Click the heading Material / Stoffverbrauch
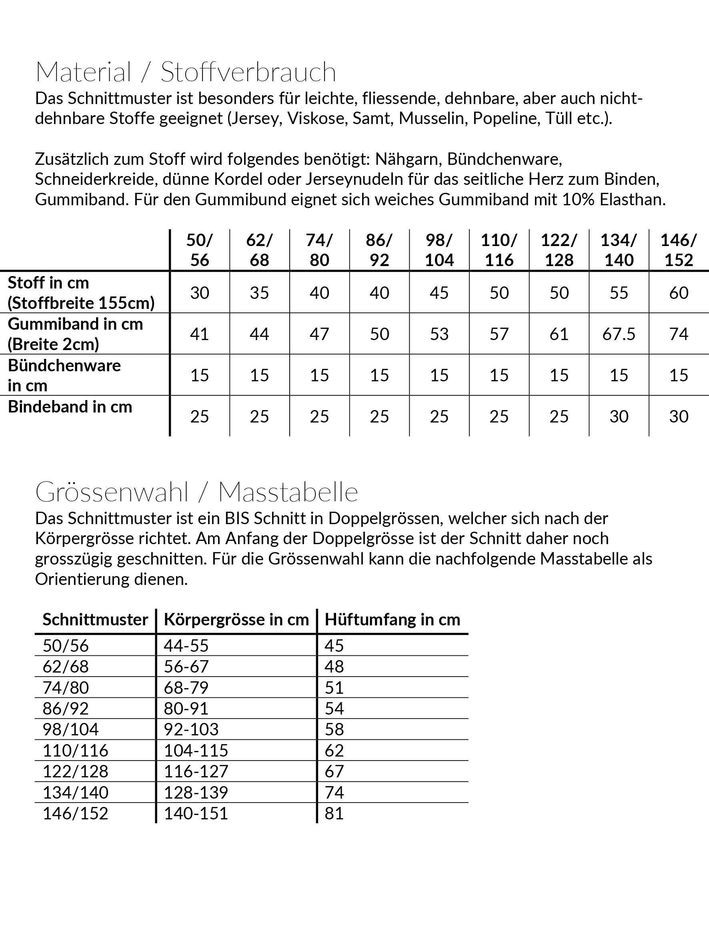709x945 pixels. [x=186, y=72]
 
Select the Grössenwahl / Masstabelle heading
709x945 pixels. [x=196, y=492]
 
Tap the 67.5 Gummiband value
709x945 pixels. [x=619, y=334]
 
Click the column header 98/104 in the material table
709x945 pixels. [x=439, y=250]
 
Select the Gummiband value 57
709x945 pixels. [x=499, y=334]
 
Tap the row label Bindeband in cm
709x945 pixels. [x=70, y=407]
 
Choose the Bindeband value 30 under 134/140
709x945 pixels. [x=619, y=416]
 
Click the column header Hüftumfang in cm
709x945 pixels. [x=393, y=619]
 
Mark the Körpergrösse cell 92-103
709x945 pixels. [x=191, y=729]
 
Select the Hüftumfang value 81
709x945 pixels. [x=334, y=813]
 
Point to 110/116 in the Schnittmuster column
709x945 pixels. [x=75, y=750]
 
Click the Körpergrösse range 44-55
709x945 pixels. [x=186, y=645]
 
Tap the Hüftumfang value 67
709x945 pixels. [x=334, y=771]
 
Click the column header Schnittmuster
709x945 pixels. [x=95, y=619]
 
